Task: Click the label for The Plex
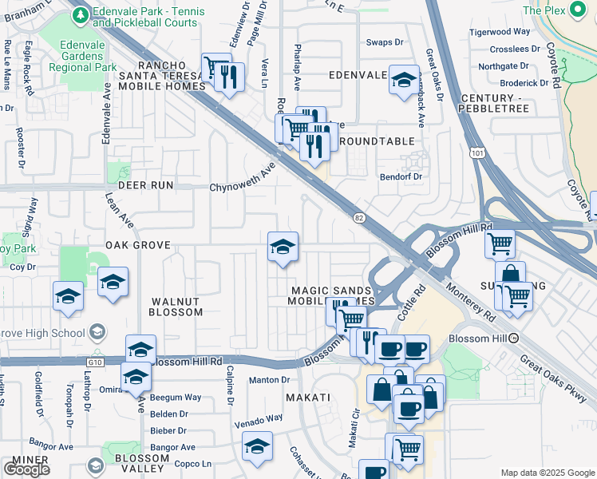[544, 10]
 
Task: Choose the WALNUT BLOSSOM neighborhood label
[176, 307]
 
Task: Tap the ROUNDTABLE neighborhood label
[377, 141]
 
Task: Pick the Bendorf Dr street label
[400, 176]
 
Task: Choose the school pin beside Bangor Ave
[257, 445]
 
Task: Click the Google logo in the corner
[26, 469]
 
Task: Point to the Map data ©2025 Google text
[547, 473]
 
